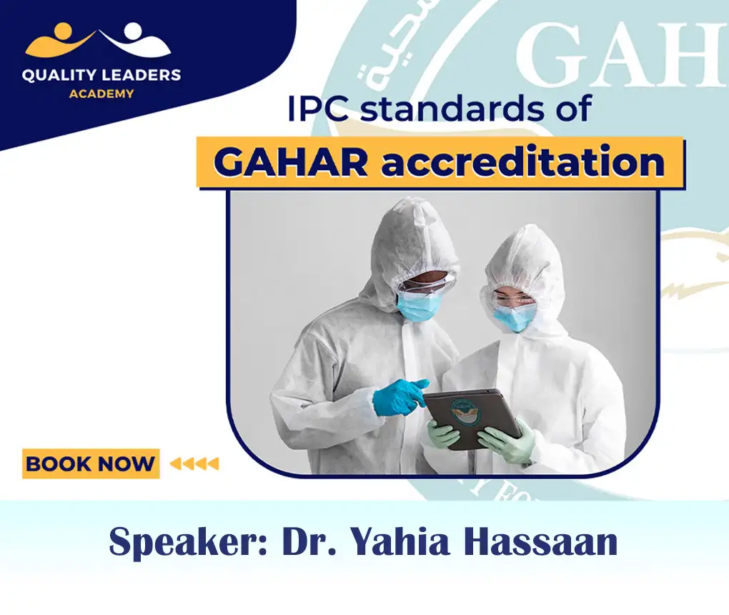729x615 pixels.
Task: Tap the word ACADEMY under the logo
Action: [x=101, y=94]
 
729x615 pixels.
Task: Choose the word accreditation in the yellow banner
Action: [x=522, y=162]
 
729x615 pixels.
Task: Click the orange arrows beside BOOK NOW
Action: [x=194, y=464]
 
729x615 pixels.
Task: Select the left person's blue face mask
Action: [x=420, y=306]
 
